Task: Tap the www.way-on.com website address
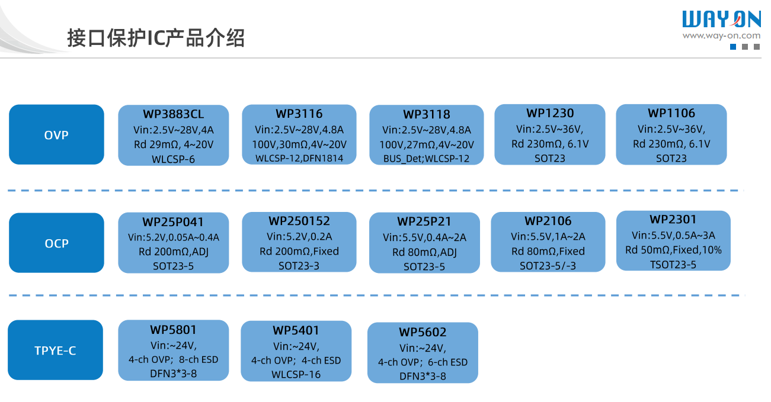click(721, 36)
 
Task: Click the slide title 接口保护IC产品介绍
click(156, 38)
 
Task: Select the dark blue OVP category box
click(56, 135)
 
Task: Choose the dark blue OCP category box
click(56, 243)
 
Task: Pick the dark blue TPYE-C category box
click(56, 350)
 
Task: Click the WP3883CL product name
click(173, 114)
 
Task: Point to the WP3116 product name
click(299, 114)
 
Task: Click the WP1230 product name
click(549, 113)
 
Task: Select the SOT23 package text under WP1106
click(671, 158)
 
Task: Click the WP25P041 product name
click(173, 223)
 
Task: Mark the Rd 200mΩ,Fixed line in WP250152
click(299, 251)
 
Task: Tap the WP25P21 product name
click(424, 222)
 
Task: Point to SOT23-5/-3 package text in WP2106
click(548, 266)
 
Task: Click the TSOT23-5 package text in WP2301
click(673, 265)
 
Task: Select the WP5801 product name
click(173, 330)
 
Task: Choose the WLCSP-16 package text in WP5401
click(296, 374)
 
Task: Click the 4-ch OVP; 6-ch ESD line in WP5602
click(423, 362)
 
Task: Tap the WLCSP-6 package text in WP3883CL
click(173, 159)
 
